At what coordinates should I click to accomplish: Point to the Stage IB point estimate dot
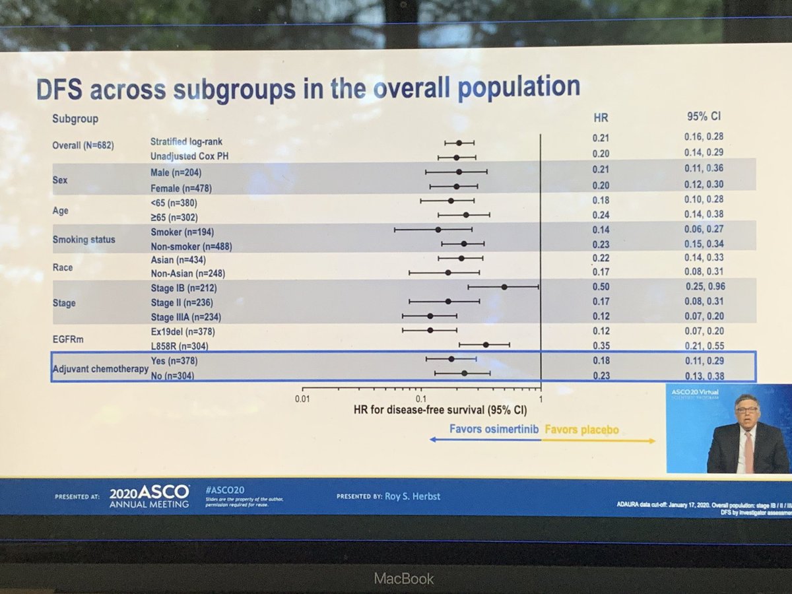click(x=504, y=287)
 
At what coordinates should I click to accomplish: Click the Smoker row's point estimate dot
click(x=438, y=230)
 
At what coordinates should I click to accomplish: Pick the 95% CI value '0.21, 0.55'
click(x=704, y=346)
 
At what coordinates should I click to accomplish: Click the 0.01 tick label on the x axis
click(x=302, y=399)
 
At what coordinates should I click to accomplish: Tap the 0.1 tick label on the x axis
click(x=420, y=399)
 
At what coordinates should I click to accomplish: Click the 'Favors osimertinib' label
click(x=494, y=430)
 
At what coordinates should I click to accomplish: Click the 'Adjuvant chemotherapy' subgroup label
click(x=100, y=368)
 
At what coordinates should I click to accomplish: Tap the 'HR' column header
click(x=601, y=118)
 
